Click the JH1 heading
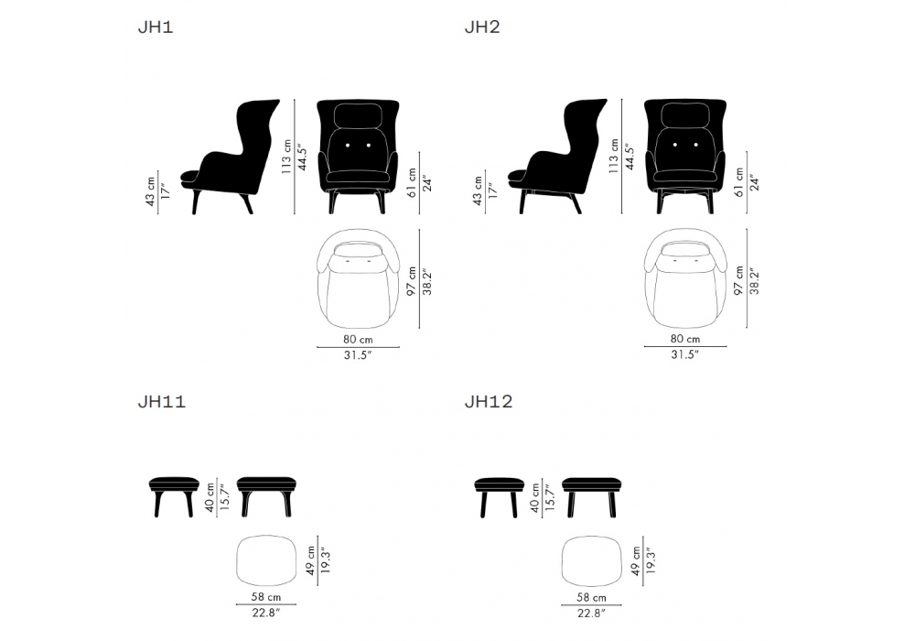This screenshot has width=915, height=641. point(156,27)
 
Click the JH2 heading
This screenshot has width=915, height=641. point(482,27)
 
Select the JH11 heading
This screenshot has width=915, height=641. point(162,402)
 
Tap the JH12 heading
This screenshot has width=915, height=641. point(489,402)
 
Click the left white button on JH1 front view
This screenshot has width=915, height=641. point(347,145)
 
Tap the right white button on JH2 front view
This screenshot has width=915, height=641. point(695,145)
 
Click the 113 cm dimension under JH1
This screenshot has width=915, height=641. point(286,157)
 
